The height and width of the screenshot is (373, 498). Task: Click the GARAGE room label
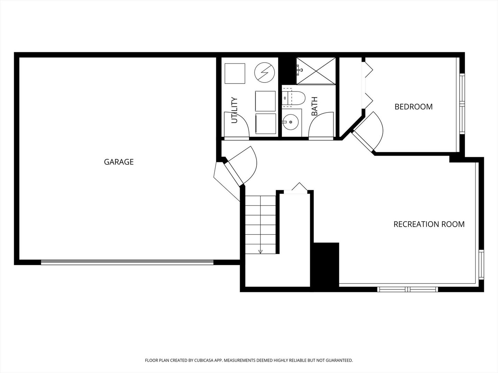click(119, 162)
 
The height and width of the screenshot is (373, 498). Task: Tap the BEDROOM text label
click(414, 107)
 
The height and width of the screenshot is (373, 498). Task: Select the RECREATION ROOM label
click(429, 224)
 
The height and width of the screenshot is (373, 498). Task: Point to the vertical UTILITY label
click(234, 110)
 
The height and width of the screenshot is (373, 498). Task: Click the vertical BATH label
click(314, 106)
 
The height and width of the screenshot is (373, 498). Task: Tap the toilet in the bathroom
click(294, 98)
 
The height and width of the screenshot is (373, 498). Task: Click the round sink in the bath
click(290, 122)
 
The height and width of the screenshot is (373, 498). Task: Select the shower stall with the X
click(316, 71)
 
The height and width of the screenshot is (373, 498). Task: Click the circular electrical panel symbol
click(265, 73)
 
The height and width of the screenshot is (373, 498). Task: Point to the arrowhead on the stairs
click(260, 252)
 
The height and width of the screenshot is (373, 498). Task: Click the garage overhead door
click(127, 262)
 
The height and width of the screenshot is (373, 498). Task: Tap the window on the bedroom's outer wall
click(462, 104)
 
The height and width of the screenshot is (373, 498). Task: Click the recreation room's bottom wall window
click(408, 289)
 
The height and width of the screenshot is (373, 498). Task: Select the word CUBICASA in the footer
click(204, 360)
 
